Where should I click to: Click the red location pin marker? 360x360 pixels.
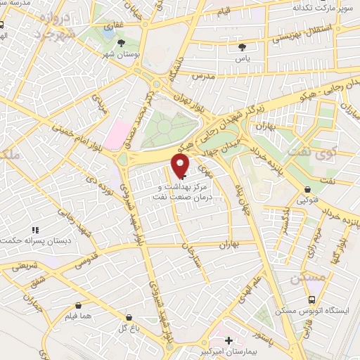181,165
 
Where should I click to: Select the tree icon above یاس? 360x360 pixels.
243,47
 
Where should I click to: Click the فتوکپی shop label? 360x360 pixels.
309,200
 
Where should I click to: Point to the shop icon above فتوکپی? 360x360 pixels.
308,188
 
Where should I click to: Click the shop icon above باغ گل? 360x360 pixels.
129,316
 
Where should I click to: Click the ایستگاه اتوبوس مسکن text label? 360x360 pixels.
310,310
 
